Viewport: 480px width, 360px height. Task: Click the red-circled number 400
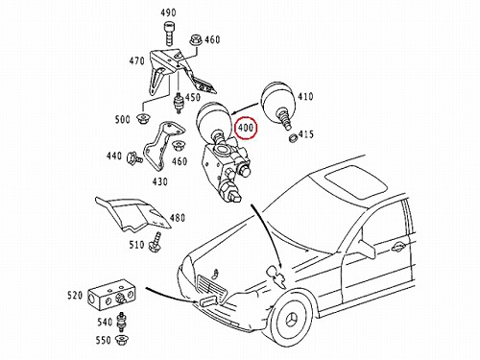(x=246, y=128)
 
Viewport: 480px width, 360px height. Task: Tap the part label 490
(x=168, y=12)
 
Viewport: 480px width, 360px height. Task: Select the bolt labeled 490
(x=168, y=34)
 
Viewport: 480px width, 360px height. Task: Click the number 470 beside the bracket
(x=136, y=60)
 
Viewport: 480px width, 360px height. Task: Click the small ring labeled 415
(x=293, y=139)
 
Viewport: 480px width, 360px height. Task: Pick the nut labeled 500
(x=142, y=119)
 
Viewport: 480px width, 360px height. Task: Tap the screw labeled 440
(x=133, y=158)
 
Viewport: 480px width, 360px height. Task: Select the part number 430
(x=159, y=181)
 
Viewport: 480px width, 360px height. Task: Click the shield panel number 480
(x=177, y=218)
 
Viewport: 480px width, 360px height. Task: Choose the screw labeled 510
(x=155, y=241)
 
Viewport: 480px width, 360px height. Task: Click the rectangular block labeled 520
(x=111, y=296)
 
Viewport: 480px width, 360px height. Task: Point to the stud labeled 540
(x=121, y=322)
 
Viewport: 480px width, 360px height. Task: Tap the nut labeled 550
(x=122, y=340)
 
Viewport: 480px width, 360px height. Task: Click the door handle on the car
(x=398, y=247)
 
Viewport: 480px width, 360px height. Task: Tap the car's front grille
(x=212, y=286)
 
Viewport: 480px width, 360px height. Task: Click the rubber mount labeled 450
(x=178, y=103)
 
